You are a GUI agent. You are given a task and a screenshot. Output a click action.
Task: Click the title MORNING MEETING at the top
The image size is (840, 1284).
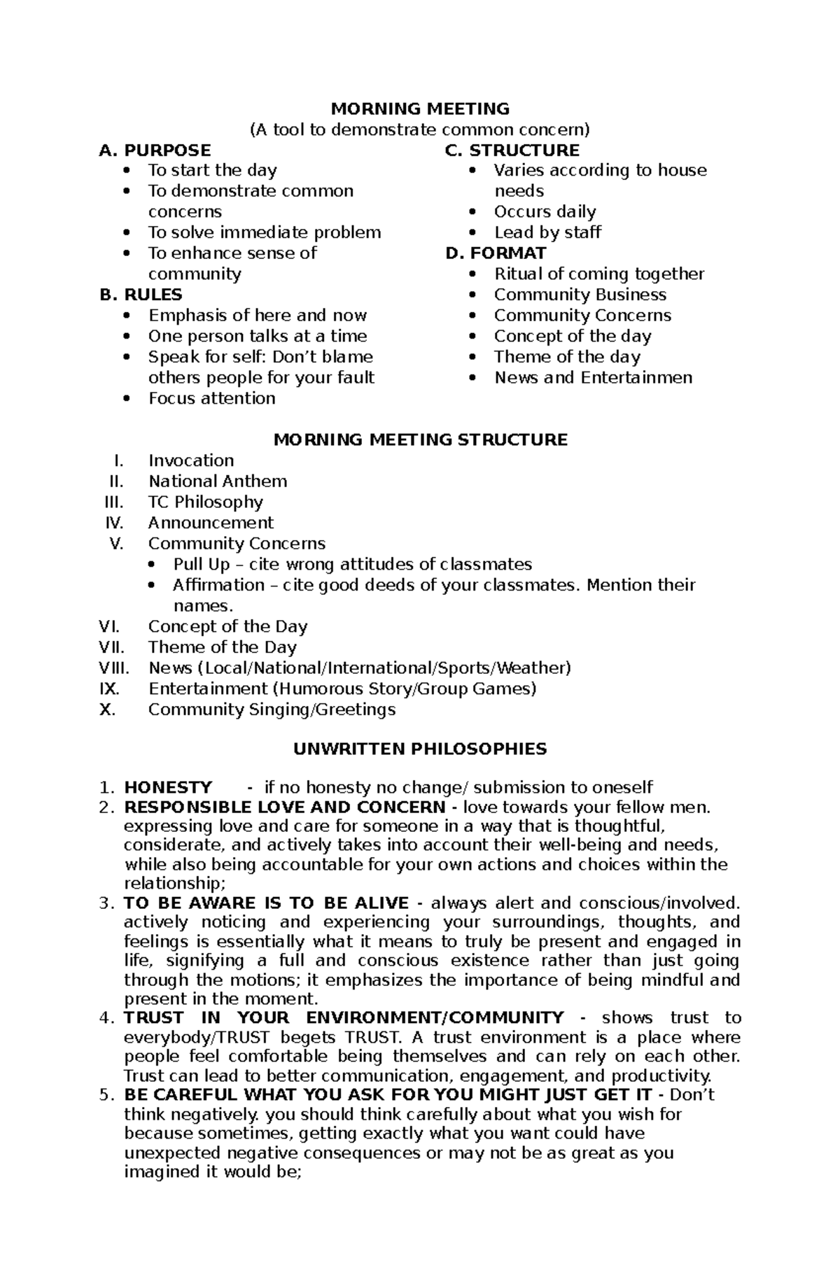coord(420,108)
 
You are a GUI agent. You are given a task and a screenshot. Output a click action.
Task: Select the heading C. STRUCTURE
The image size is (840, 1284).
coord(512,150)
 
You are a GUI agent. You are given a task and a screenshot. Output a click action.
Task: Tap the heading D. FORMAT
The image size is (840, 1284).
coord(496,253)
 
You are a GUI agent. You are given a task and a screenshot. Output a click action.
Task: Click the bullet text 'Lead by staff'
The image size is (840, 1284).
coord(547,232)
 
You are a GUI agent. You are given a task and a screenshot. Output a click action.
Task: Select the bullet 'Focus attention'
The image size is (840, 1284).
coord(211,398)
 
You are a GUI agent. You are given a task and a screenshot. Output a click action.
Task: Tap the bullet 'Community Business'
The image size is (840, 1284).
coord(580,295)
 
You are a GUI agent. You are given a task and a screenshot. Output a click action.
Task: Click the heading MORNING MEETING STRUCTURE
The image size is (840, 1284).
coord(420,439)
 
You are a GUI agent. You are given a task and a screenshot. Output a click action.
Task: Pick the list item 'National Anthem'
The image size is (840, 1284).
coord(218,481)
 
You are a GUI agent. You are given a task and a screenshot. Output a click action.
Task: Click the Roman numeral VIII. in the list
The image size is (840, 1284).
coord(114,668)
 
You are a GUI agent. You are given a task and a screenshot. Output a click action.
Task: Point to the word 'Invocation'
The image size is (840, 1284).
coord(191,460)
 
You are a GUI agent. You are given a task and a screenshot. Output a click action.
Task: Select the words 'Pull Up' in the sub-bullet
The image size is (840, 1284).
coord(201,565)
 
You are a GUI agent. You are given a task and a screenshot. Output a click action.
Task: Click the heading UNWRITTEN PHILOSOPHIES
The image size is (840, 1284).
coord(420,749)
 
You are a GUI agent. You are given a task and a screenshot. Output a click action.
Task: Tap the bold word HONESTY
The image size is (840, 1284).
coord(168,787)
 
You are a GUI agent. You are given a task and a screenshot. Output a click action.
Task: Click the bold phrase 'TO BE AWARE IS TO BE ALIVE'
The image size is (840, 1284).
coord(266,903)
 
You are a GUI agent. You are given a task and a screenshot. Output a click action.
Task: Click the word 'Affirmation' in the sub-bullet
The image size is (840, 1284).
coord(218,585)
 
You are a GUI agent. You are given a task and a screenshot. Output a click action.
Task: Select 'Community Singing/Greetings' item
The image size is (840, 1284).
coord(272,710)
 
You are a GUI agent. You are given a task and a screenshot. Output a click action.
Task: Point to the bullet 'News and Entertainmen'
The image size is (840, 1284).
coord(593,378)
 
